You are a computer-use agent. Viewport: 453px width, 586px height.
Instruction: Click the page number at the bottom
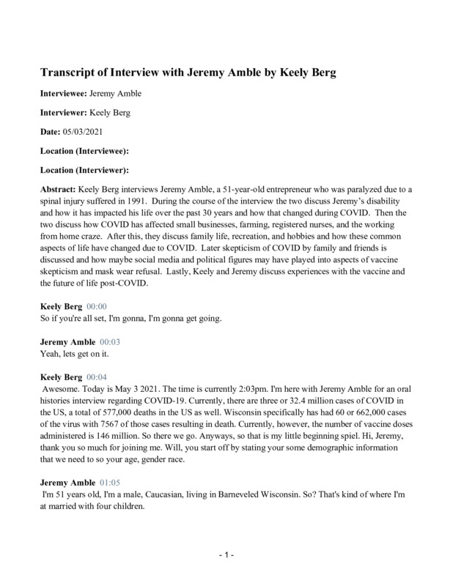226,556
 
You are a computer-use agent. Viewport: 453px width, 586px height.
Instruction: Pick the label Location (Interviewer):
83,170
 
